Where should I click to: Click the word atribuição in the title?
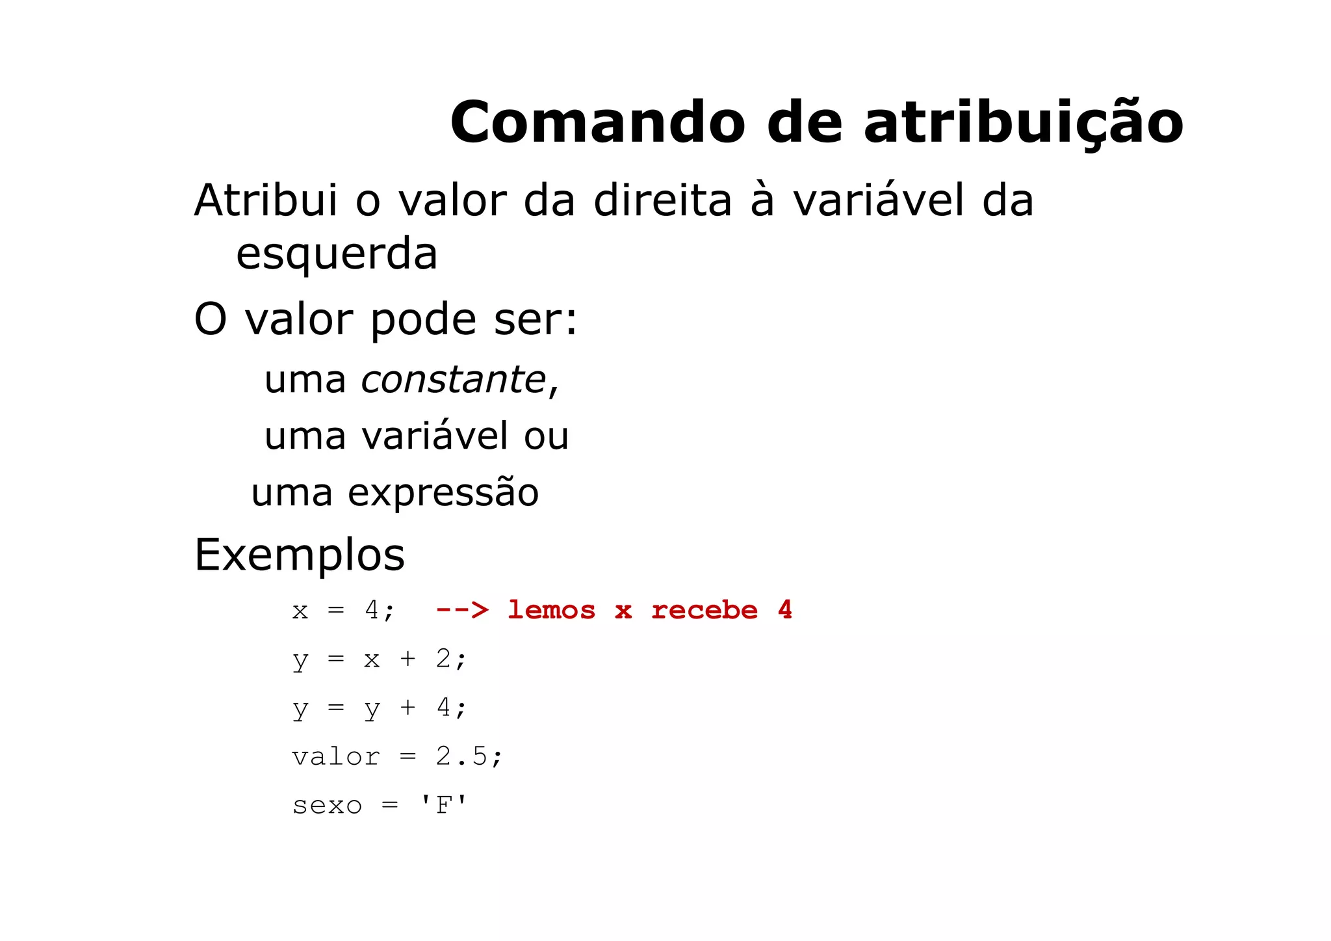click(1023, 124)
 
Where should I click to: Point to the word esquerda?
click(337, 254)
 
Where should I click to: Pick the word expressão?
click(443, 492)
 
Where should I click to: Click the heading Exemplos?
click(300, 555)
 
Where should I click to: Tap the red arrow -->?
click(462, 610)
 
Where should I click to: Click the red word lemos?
click(551, 610)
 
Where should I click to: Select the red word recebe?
click(704, 610)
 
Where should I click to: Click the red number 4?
click(785, 609)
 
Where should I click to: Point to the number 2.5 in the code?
click(461, 756)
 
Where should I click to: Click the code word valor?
click(335, 756)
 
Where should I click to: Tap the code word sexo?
click(327, 806)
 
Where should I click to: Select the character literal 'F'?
click(443, 805)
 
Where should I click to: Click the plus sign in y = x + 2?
click(407, 659)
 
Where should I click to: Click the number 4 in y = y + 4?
click(443, 707)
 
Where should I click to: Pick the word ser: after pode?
click(536, 320)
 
